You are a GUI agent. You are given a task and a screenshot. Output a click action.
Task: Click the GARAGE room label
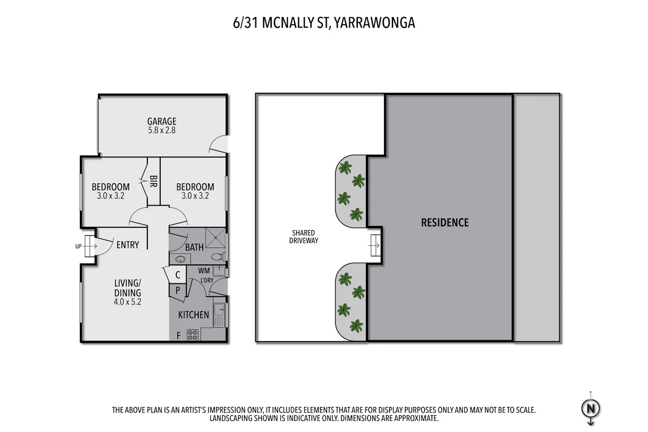pyautogui.click(x=162, y=121)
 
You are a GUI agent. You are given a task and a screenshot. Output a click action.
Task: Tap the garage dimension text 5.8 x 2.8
pyautogui.click(x=162, y=130)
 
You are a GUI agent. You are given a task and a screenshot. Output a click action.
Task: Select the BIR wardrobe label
pyautogui.click(x=153, y=181)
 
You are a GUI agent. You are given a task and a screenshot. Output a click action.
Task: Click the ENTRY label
pyautogui.click(x=127, y=245)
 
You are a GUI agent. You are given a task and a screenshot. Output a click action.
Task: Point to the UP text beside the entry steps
pyautogui.click(x=78, y=247)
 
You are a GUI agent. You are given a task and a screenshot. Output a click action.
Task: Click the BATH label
pyautogui.click(x=194, y=248)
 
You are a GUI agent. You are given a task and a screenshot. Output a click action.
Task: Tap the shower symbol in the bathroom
pyautogui.click(x=215, y=238)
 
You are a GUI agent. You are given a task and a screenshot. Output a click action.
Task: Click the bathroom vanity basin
pyautogui.click(x=180, y=259)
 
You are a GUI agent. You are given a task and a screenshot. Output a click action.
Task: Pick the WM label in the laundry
pyautogui.click(x=204, y=271)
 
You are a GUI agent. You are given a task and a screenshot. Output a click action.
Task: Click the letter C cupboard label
pyautogui.click(x=178, y=275)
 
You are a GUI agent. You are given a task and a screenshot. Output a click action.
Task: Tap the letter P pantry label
pyautogui.click(x=178, y=290)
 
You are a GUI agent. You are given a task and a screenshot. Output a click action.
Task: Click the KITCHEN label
pyautogui.click(x=194, y=315)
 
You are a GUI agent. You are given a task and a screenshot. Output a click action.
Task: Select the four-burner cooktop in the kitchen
pyautogui.click(x=193, y=335)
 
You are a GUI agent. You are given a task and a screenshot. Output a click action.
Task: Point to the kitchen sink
pyautogui.click(x=219, y=315)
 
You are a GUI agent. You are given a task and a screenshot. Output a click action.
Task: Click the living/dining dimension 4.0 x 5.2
pyautogui.click(x=127, y=302)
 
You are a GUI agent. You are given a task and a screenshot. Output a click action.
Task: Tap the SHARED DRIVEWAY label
pyautogui.click(x=303, y=237)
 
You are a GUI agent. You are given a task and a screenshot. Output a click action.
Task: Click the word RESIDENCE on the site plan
pyautogui.click(x=445, y=222)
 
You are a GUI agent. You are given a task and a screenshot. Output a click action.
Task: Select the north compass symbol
pyautogui.click(x=591, y=409)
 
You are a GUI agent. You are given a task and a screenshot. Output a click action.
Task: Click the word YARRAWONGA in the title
pyautogui.click(x=375, y=23)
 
